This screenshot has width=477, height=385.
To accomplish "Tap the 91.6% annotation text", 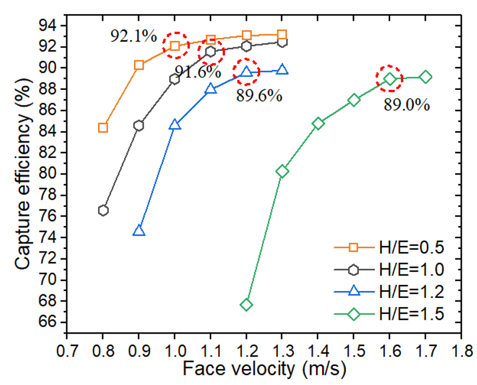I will tap(197, 72).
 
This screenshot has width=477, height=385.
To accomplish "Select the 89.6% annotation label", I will tap(259, 95).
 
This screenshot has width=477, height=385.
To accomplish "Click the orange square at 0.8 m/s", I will tap(103, 128).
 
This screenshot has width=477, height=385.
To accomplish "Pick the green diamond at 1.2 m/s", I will tap(246, 305).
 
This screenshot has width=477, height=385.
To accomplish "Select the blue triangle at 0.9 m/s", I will tap(139, 231).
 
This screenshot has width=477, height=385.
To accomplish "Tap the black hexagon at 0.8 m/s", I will tap(103, 211).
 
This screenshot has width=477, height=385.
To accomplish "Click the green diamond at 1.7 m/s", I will tap(426, 77).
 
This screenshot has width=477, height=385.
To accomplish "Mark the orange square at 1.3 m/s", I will tap(282, 35).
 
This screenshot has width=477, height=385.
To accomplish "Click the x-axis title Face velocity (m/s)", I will tap(264, 370).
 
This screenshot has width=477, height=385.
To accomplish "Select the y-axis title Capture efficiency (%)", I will tap(22, 174).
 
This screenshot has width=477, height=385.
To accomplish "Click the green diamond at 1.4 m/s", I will tap(318, 124).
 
